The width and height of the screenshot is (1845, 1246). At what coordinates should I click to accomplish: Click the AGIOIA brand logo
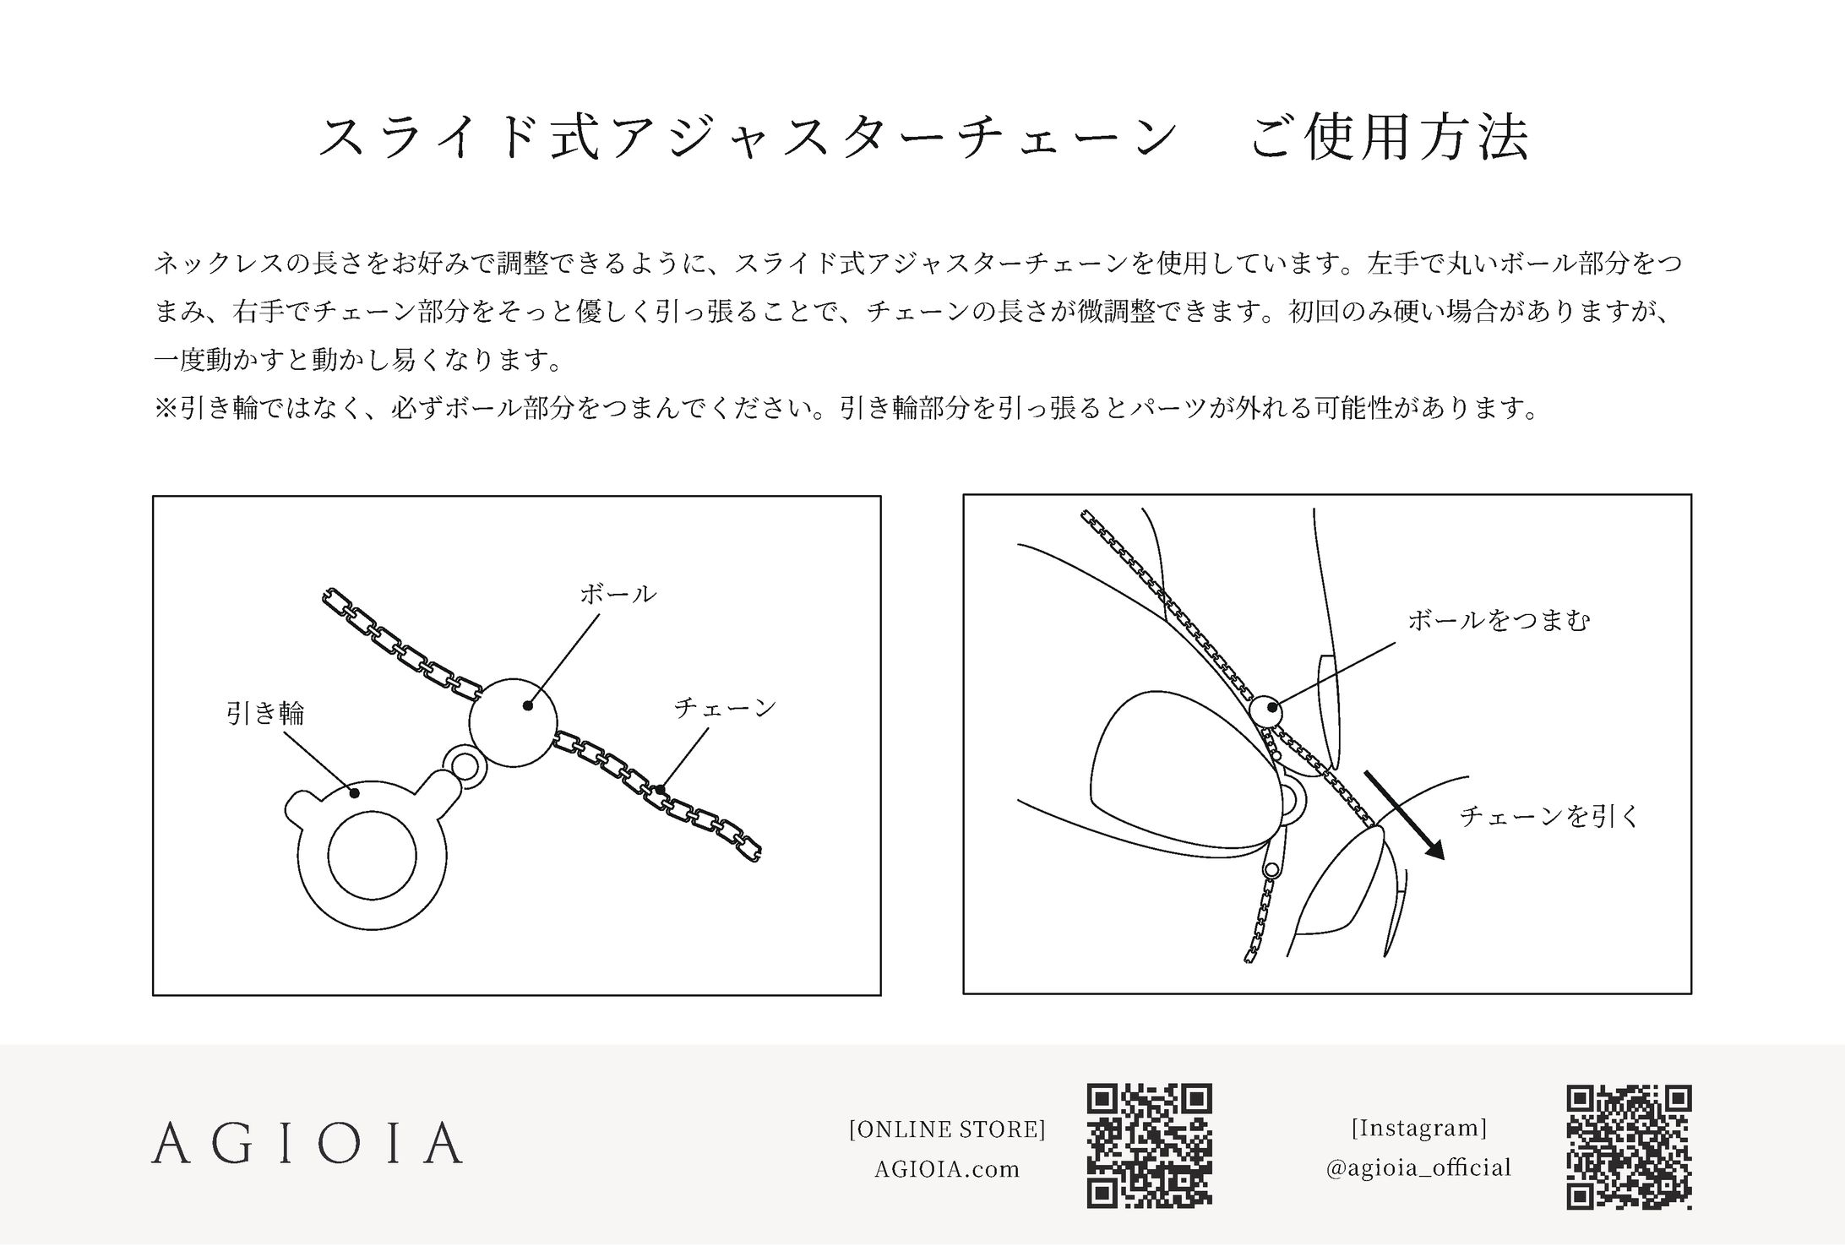click(307, 1143)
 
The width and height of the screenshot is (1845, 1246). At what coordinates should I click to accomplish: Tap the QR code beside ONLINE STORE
click(1149, 1145)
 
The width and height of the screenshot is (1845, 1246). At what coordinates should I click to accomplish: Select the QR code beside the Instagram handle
click(1630, 1147)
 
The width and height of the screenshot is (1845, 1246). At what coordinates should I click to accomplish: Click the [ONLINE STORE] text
click(947, 1129)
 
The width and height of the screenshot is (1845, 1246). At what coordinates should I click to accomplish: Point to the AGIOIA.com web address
click(947, 1169)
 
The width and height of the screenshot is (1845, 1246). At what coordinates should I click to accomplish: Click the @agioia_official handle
click(1418, 1168)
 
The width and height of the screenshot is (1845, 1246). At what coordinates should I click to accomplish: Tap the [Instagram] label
click(1418, 1128)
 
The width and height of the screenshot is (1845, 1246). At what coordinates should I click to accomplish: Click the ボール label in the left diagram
click(618, 594)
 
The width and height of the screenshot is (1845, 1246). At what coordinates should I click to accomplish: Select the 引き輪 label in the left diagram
click(265, 714)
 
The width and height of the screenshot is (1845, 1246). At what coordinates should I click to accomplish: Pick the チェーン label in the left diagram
click(725, 707)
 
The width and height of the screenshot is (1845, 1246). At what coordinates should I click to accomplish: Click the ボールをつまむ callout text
click(1498, 621)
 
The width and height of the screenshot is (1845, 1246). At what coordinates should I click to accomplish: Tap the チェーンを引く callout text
click(1548, 816)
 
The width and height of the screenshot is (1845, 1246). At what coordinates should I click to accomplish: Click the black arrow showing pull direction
click(1405, 815)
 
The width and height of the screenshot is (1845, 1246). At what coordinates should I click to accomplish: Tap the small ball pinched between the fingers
click(1265, 711)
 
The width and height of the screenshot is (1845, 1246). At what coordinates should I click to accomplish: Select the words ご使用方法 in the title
click(1390, 138)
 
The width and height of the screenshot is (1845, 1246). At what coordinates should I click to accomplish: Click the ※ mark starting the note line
click(166, 409)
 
